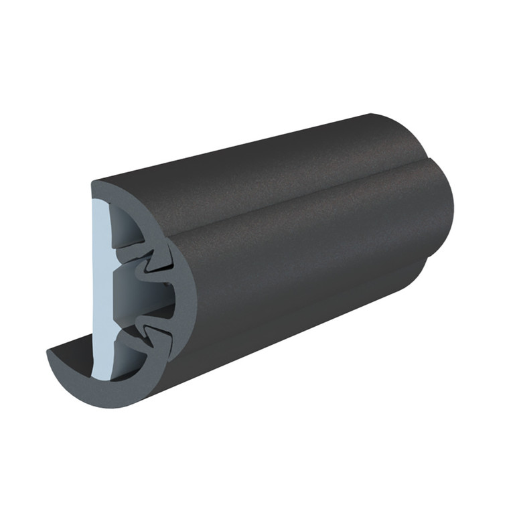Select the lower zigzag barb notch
coord(153,328)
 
